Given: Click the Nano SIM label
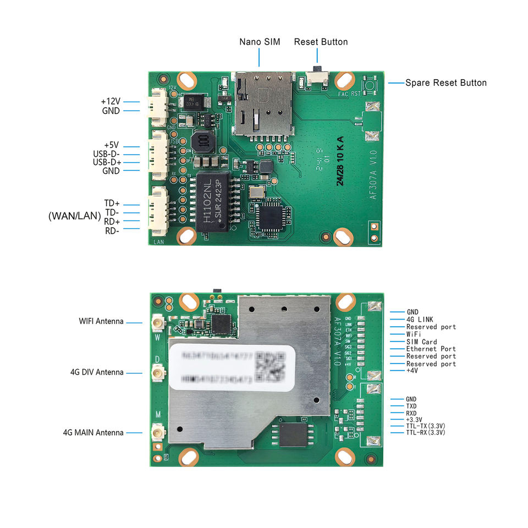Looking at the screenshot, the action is click(x=259, y=42).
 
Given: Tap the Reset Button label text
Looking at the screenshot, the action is click(x=321, y=42).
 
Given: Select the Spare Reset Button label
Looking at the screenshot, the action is click(x=446, y=83).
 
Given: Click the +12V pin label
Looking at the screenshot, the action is click(x=111, y=102).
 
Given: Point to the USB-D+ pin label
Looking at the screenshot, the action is click(x=107, y=162).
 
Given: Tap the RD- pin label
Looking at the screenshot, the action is click(x=112, y=230).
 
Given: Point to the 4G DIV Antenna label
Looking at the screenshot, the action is click(x=97, y=372).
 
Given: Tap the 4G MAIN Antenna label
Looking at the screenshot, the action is click(x=93, y=433).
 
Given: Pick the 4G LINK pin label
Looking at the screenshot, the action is click(x=420, y=320).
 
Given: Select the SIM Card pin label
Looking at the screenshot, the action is click(x=421, y=342).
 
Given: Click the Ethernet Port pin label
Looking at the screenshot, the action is click(x=431, y=349).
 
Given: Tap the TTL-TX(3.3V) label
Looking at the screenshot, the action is click(x=425, y=426).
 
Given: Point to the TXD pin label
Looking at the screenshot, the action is click(x=411, y=406).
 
